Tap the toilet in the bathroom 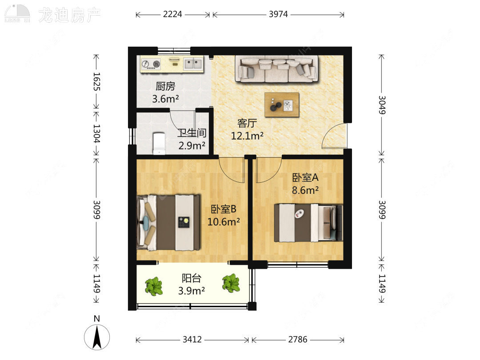click(x=159, y=143)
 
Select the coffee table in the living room click(x=282, y=105)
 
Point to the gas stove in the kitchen click(x=151, y=64)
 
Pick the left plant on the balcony click(x=154, y=286)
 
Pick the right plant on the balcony click(x=231, y=283)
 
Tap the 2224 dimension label click(x=172, y=14)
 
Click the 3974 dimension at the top click(x=278, y=14)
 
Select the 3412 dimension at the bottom click(x=192, y=340)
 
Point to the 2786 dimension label click(x=298, y=340)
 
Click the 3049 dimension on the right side click(x=381, y=104)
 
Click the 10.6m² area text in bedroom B click(x=224, y=221)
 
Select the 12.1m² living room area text click(x=247, y=136)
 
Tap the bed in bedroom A click(x=308, y=223)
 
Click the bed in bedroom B click(x=168, y=222)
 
